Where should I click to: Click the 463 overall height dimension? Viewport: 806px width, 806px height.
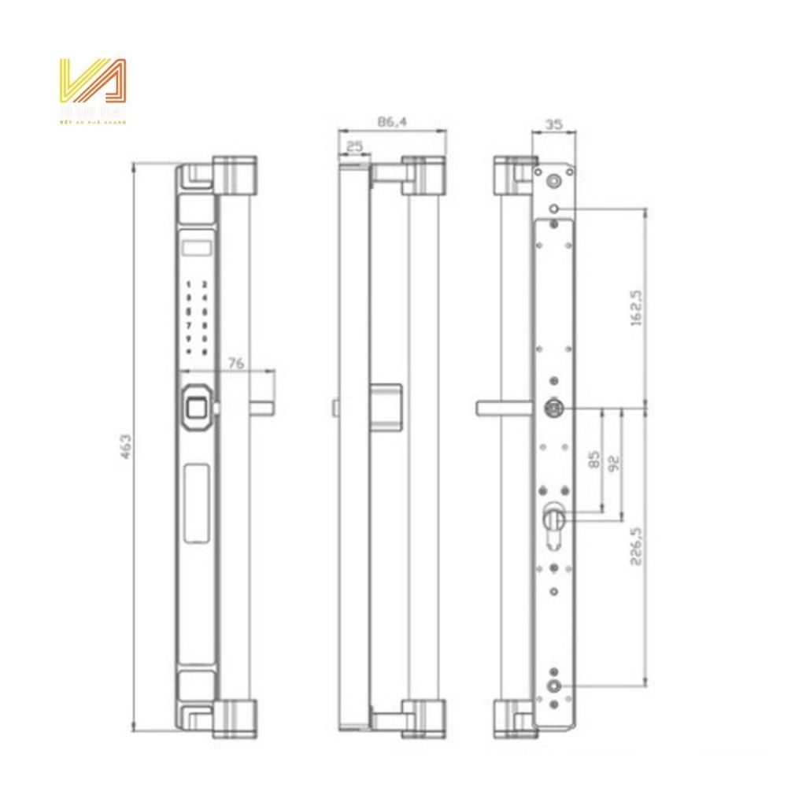click(x=124, y=446)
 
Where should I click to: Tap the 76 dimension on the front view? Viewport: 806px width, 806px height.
click(x=235, y=362)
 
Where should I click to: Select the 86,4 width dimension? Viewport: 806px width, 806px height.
click(x=391, y=121)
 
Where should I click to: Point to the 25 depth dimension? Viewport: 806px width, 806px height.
click(x=353, y=146)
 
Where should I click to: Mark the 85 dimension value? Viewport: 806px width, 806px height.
click(x=595, y=459)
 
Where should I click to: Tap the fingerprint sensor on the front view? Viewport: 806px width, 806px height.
click(x=194, y=408)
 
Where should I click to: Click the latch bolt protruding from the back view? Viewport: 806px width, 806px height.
click(x=504, y=407)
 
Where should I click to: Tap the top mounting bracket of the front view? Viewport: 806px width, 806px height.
click(x=234, y=176)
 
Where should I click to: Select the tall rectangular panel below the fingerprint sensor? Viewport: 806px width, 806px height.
click(x=196, y=502)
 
